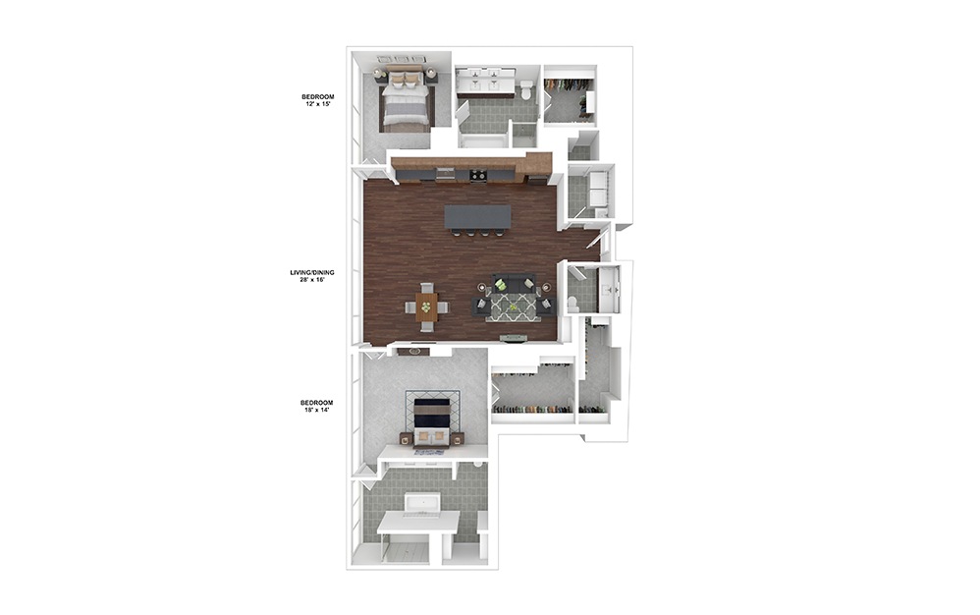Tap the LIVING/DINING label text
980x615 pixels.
point(305,273)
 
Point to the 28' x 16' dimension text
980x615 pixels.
point(306,280)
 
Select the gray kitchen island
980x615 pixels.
point(478,216)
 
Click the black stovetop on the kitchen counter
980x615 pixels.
point(478,176)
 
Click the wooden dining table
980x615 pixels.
point(426,307)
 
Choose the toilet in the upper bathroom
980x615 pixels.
point(526,92)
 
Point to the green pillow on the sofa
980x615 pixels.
point(500,285)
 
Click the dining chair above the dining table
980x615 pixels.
point(426,288)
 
